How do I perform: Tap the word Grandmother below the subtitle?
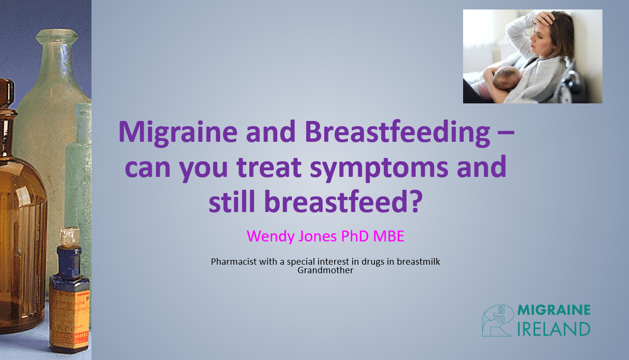(x=325, y=270)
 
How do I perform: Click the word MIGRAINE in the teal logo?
(x=554, y=310)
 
